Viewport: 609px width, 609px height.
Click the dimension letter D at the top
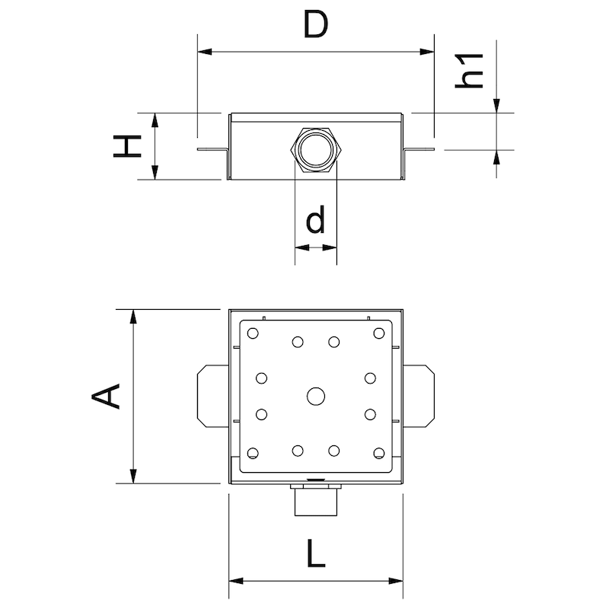(x=314, y=25)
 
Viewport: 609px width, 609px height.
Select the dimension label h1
(x=472, y=70)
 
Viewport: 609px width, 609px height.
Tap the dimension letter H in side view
(x=128, y=146)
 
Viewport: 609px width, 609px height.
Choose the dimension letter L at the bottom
(x=314, y=554)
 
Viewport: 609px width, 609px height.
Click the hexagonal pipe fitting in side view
(x=315, y=148)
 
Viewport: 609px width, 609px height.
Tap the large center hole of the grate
(x=315, y=396)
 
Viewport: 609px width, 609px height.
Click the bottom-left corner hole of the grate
(x=253, y=454)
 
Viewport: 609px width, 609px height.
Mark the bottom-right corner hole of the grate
(x=378, y=454)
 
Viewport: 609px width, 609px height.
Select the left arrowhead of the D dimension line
(x=204, y=52)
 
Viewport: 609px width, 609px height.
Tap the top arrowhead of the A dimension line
(x=134, y=315)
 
